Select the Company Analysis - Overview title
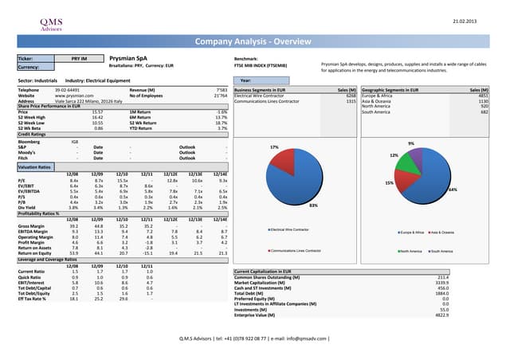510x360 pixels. pos(256,41)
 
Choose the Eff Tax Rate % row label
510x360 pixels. pos(35,298)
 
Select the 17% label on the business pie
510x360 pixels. pos(274,147)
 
